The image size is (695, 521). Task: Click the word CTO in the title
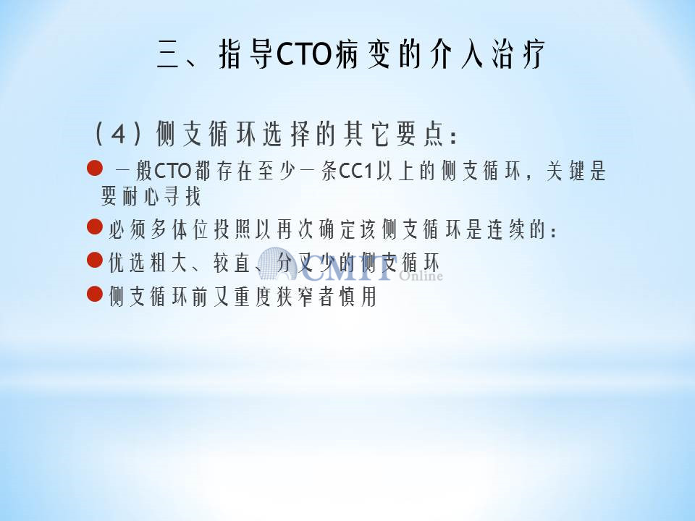[303, 54]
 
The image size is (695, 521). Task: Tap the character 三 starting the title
[169, 54]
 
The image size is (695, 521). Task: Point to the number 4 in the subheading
[118, 134]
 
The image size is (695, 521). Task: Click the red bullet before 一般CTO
[95, 169]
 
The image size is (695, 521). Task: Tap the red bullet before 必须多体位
[95, 226]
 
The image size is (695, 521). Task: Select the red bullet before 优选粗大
[95, 260]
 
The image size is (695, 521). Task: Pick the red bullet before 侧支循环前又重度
[95, 294]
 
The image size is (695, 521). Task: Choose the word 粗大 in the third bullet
[169, 263]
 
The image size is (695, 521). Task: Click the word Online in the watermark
[421, 276]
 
